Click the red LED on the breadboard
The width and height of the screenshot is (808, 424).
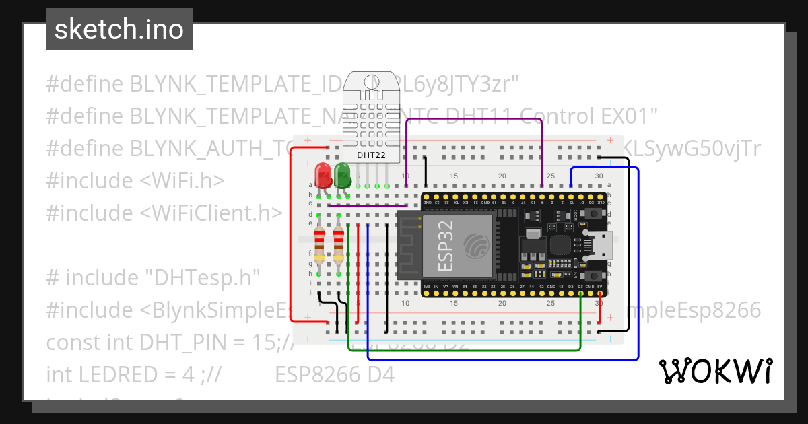[323, 174]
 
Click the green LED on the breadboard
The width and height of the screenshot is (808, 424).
[342, 175]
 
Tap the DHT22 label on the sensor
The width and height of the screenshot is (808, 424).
[371, 155]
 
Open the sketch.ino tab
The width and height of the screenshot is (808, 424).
[119, 30]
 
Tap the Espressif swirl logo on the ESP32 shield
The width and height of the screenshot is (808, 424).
[477, 244]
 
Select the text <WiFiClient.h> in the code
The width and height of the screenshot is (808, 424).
[211, 213]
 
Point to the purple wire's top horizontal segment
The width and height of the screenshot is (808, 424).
[471, 120]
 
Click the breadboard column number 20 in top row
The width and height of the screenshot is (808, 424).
[502, 176]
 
